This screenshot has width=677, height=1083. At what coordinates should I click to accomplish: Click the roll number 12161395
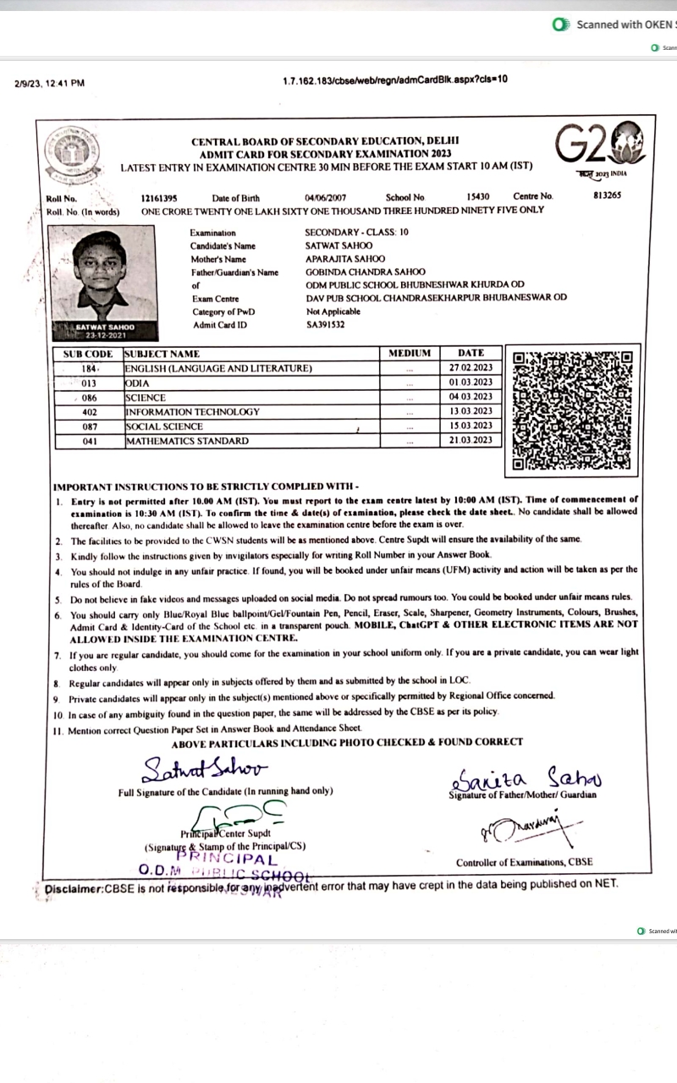tap(159, 197)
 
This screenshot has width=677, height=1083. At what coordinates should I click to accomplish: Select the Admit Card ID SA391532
tap(327, 324)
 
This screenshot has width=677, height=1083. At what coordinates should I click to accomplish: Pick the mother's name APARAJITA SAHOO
tap(344, 258)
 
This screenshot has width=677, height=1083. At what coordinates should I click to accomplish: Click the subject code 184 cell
tap(89, 368)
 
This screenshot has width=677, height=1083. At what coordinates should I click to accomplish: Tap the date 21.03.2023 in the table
tap(471, 441)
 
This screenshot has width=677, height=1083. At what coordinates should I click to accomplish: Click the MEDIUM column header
tap(410, 353)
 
